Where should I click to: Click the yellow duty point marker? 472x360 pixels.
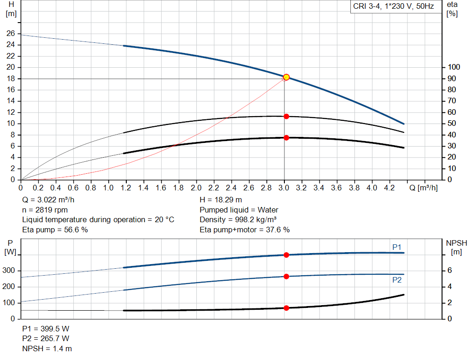[286, 77]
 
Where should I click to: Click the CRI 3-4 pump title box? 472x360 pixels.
[393, 7]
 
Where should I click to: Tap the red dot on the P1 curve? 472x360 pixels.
[286, 255]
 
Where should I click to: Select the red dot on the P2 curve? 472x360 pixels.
[286, 277]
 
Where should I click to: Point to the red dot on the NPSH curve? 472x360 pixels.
[286, 308]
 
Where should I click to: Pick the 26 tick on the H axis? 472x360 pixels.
[10, 34]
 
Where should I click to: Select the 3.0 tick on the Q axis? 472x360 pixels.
[284, 188]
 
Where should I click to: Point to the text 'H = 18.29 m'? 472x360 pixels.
[221, 200]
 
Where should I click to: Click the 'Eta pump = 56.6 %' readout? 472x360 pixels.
[55, 230]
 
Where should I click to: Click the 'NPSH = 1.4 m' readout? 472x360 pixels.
[47, 349]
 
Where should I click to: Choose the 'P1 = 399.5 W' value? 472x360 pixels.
[46, 329]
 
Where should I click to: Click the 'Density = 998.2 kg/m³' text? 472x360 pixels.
[238, 219]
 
